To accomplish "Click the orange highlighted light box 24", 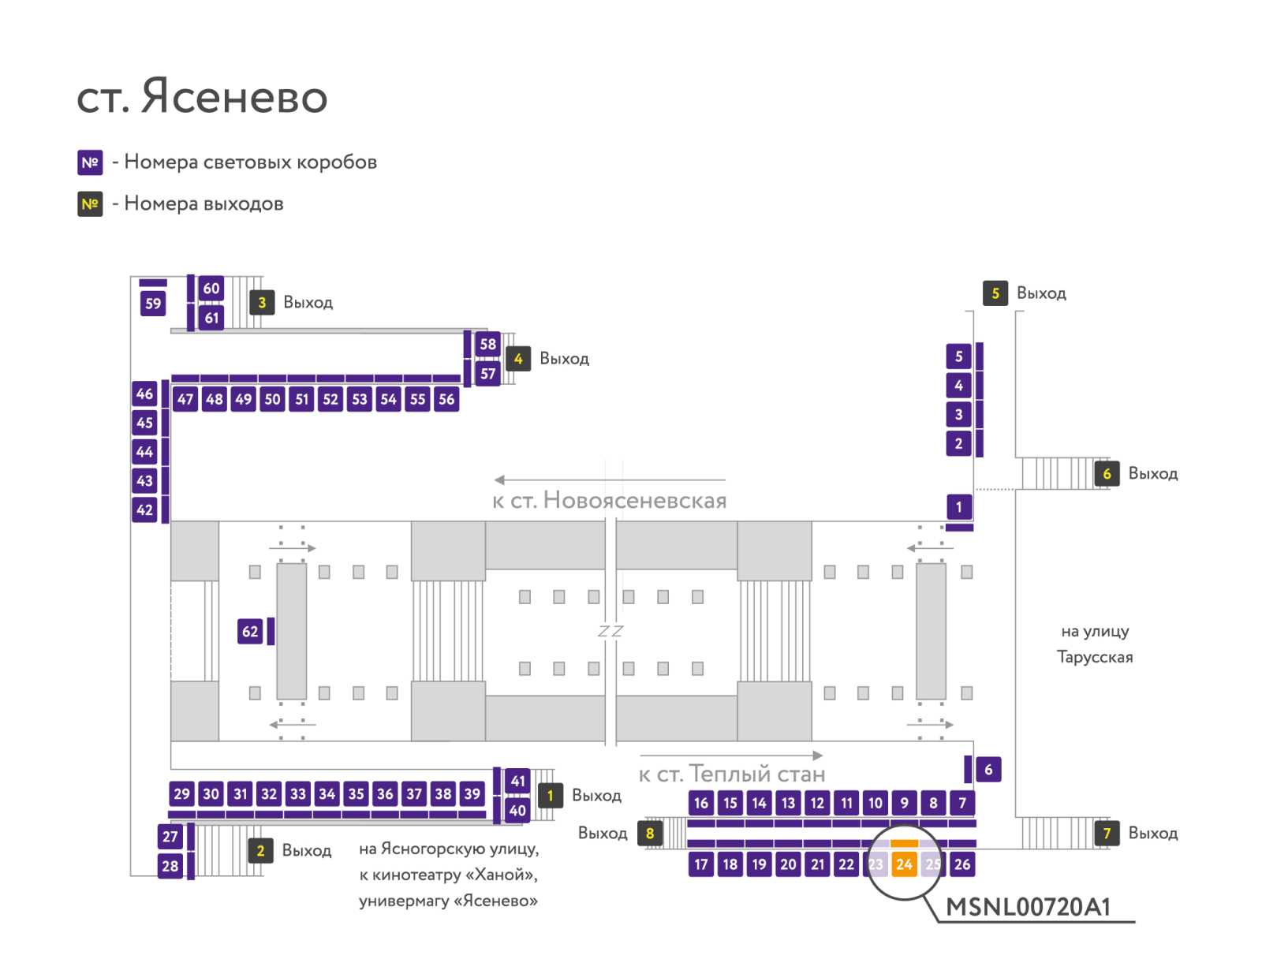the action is (x=904, y=864).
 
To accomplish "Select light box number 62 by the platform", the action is (x=249, y=631).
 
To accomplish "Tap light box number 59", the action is (x=153, y=304).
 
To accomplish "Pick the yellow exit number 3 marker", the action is (x=262, y=302).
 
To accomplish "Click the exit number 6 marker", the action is (x=1107, y=474).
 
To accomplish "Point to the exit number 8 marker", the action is (x=650, y=833).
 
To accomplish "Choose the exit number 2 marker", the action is (x=260, y=850).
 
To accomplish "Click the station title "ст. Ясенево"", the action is (x=202, y=96).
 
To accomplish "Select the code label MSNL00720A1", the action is (x=1028, y=907).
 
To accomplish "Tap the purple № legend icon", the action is (x=90, y=162).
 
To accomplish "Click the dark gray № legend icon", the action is (x=90, y=204).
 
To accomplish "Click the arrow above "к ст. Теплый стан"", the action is (x=730, y=755).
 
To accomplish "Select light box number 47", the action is (x=185, y=399).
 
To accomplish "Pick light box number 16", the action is (x=701, y=803).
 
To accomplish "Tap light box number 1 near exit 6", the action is (x=958, y=507).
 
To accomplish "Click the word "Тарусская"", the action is (x=1095, y=657).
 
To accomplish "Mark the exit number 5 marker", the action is (x=995, y=293).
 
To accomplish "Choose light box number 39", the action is (x=472, y=793).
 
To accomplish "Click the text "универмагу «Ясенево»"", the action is (x=449, y=901).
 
